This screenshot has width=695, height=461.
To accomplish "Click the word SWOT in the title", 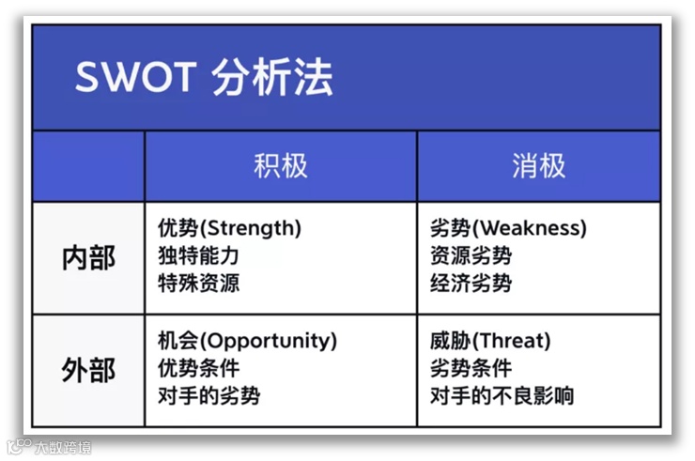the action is click(x=135, y=77).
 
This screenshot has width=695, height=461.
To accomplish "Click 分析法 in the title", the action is click(x=271, y=77).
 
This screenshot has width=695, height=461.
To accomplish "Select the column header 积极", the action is click(x=281, y=166).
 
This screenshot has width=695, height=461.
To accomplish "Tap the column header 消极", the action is click(x=538, y=166).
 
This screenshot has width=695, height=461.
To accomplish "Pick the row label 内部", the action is click(x=88, y=258).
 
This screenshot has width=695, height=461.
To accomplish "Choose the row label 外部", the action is click(x=88, y=370).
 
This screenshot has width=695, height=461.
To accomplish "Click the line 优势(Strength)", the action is click(x=229, y=228).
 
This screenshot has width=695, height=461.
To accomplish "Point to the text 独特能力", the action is click(x=198, y=255).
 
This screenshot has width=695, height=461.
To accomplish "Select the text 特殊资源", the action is click(x=198, y=284).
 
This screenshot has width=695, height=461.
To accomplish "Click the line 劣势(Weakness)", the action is click(x=508, y=228).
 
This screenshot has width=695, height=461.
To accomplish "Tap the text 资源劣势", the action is click(x=471, y=255).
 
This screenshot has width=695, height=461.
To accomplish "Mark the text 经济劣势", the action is click(x=471, y=284).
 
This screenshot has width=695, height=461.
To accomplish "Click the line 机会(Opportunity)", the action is click(x=248, y=341).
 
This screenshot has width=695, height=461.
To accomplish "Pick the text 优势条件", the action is click(x=198, y=368).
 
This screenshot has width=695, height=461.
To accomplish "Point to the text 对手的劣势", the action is click(x=209, y=396).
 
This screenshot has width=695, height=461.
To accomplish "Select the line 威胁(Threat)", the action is click(x=490, y=341).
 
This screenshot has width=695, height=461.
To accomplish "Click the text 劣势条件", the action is click(x=471, y=368).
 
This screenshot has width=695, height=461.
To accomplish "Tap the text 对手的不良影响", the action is click(x=502, y=396).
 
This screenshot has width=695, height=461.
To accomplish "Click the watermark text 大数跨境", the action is click(x=63, y=447).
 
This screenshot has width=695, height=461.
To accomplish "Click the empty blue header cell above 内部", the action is click(x=88, y=166).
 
